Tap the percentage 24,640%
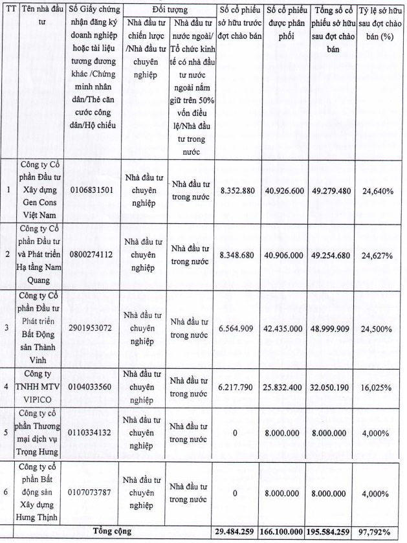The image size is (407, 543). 377,191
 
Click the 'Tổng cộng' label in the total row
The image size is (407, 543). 113,531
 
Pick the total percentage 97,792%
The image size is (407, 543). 377,532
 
